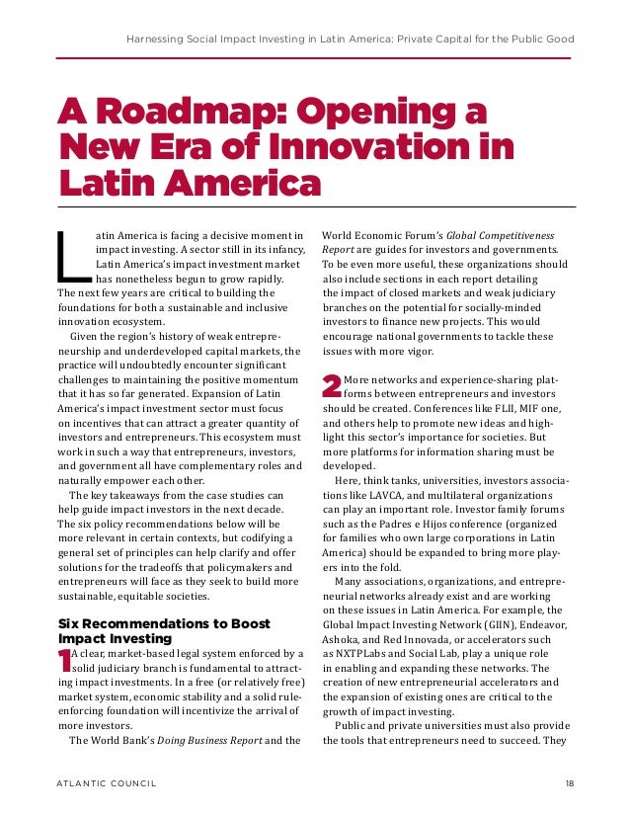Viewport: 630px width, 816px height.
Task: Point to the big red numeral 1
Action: (64, 662)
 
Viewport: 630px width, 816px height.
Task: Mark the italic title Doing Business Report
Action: (199, 739)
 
